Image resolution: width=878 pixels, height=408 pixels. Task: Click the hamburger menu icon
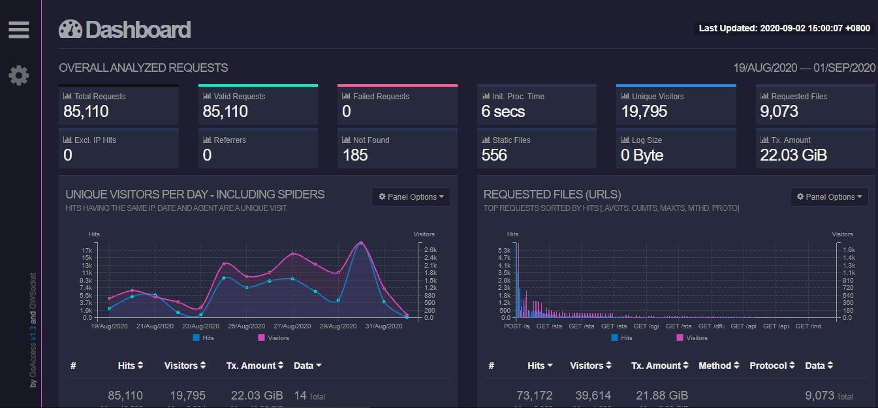19,30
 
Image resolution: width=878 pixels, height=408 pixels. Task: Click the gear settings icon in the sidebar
19,76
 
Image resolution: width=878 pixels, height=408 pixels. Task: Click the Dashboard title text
138,30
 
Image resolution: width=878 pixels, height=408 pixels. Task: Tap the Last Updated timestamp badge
784,28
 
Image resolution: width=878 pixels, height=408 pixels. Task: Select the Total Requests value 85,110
86,112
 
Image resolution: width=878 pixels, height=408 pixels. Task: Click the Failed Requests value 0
347,112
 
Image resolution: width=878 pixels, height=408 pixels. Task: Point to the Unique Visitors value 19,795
644,112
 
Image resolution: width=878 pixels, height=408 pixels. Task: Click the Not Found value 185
355,155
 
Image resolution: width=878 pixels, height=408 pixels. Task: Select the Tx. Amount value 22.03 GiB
793,155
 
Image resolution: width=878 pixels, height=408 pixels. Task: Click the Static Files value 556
494,155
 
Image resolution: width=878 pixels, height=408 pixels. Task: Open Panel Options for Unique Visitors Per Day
411,196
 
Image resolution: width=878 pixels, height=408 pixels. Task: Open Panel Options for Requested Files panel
829,196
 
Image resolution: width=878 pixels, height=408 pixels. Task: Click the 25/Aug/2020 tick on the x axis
246,326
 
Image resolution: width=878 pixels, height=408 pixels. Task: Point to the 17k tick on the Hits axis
87,251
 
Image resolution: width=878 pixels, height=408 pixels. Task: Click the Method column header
719,366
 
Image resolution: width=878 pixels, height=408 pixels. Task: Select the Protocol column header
772,366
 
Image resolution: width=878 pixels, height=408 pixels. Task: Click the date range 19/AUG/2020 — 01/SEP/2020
804,68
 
